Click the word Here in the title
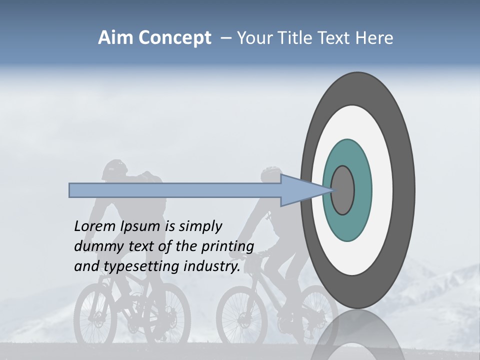coord(374,38)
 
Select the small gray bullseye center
coord(342,190)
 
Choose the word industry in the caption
coord(212,266)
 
